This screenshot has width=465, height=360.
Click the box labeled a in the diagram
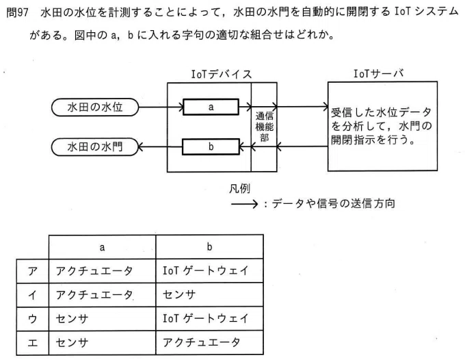click(211, 107)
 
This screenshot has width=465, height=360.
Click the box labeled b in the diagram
click(211, 146)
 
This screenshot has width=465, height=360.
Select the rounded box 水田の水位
click(95, 107)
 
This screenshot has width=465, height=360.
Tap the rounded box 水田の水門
click(95, 146)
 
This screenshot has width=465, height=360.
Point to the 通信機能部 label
click(265, 127)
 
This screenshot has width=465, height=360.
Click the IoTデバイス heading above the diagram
click(222, 74)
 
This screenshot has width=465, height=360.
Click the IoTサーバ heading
click(379, 73)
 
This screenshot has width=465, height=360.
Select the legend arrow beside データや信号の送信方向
click(244, 204)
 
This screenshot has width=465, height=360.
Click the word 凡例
click(239, 188)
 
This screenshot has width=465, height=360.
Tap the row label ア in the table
click(33, 271)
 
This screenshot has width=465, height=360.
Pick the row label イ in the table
click(33, 295)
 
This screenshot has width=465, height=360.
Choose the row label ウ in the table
click(33, 319)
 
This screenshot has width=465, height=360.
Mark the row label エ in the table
click(33, 343)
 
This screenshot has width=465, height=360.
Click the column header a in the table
click(103, 247)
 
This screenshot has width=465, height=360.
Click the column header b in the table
click(209, 246)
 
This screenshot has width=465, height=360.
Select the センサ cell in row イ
click(179, 295)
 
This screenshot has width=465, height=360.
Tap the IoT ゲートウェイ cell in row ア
click(206, 270)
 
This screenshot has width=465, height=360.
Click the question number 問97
click(18, 12)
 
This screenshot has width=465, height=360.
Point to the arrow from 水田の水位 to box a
click(161, 107)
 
